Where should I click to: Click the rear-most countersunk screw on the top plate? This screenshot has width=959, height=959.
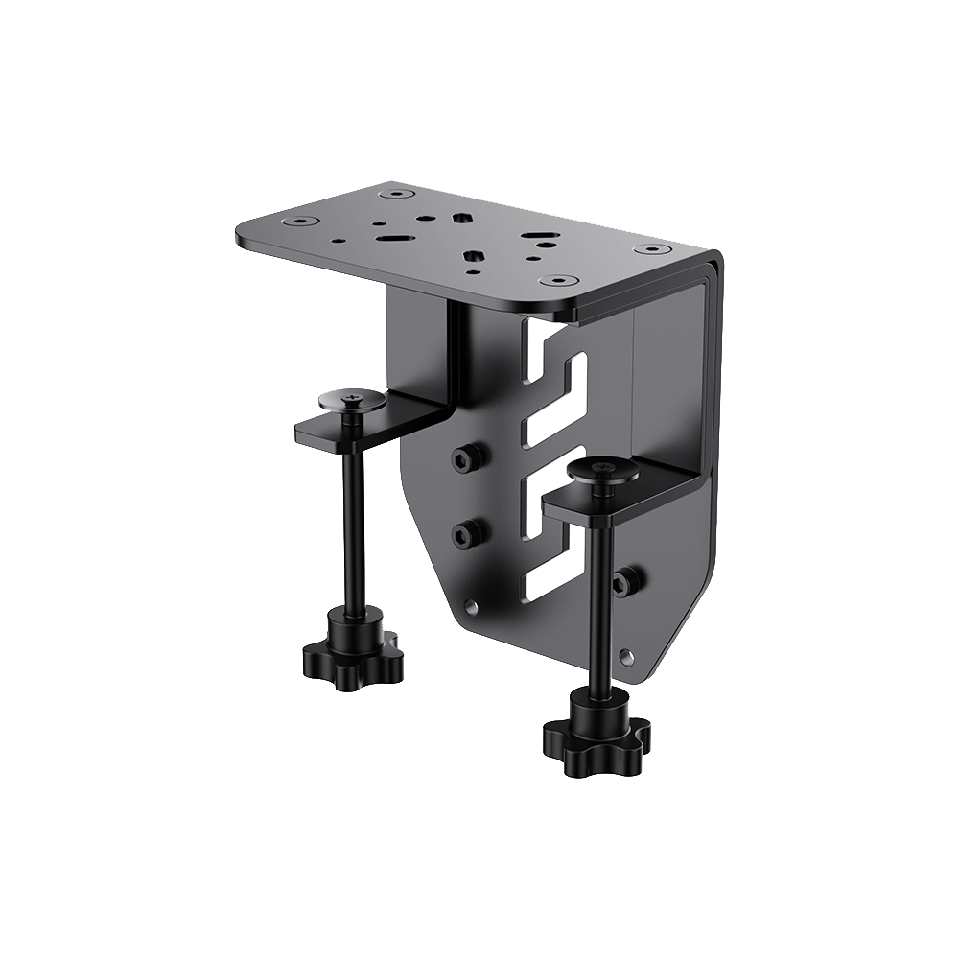390,194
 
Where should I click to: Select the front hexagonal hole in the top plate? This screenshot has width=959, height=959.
472,256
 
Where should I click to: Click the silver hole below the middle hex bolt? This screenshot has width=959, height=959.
469,606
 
